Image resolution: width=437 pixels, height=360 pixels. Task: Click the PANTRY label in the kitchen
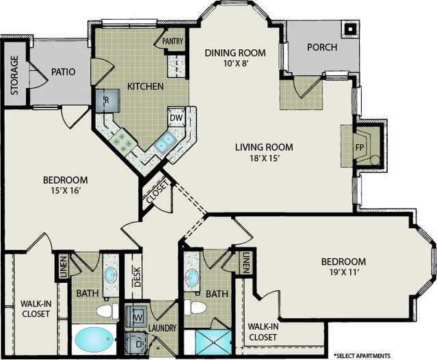point(172,42)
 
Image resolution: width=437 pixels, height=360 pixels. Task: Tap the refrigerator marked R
point(108,100)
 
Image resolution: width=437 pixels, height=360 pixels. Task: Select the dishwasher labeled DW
point(176,117)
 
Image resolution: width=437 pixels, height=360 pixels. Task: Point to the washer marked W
point(136,316)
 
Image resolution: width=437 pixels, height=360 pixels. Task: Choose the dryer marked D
point(136,344)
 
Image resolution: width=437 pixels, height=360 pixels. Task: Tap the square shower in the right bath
point(213,342)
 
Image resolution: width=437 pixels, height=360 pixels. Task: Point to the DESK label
point(137,277)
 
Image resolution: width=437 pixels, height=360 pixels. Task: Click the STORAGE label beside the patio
point(14,75)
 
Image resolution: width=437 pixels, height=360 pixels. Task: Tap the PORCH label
point(322,47)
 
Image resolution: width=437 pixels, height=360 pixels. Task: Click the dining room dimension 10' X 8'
point(236,64)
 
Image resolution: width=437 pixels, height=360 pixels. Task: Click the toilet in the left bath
point(107,311)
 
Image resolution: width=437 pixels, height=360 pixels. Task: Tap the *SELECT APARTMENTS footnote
point(362,355)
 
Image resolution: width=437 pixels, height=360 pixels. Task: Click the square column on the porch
point(350,29)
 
